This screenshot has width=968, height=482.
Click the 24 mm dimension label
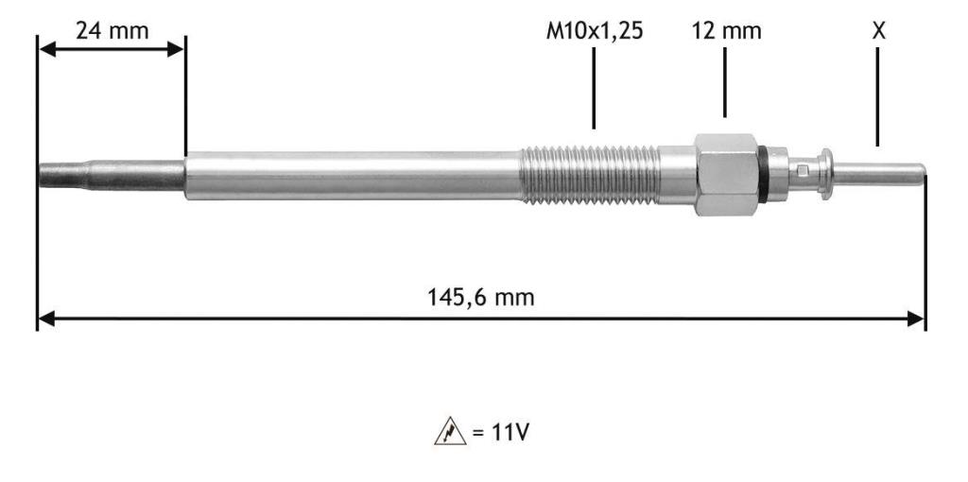tap(112, 30)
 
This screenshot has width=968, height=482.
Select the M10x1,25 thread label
tap(595, 31)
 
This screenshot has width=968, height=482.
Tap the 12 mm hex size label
tap(727, 30)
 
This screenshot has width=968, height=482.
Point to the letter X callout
tap(878, 30)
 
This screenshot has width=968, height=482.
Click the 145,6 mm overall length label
tap(481, 298)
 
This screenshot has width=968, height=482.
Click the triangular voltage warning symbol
tap(450, 431)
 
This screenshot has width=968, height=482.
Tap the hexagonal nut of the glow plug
tap(727, 175)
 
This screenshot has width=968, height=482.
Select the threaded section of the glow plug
tap(591, 175)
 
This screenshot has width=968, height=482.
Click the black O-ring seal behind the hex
tap(764, 175)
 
